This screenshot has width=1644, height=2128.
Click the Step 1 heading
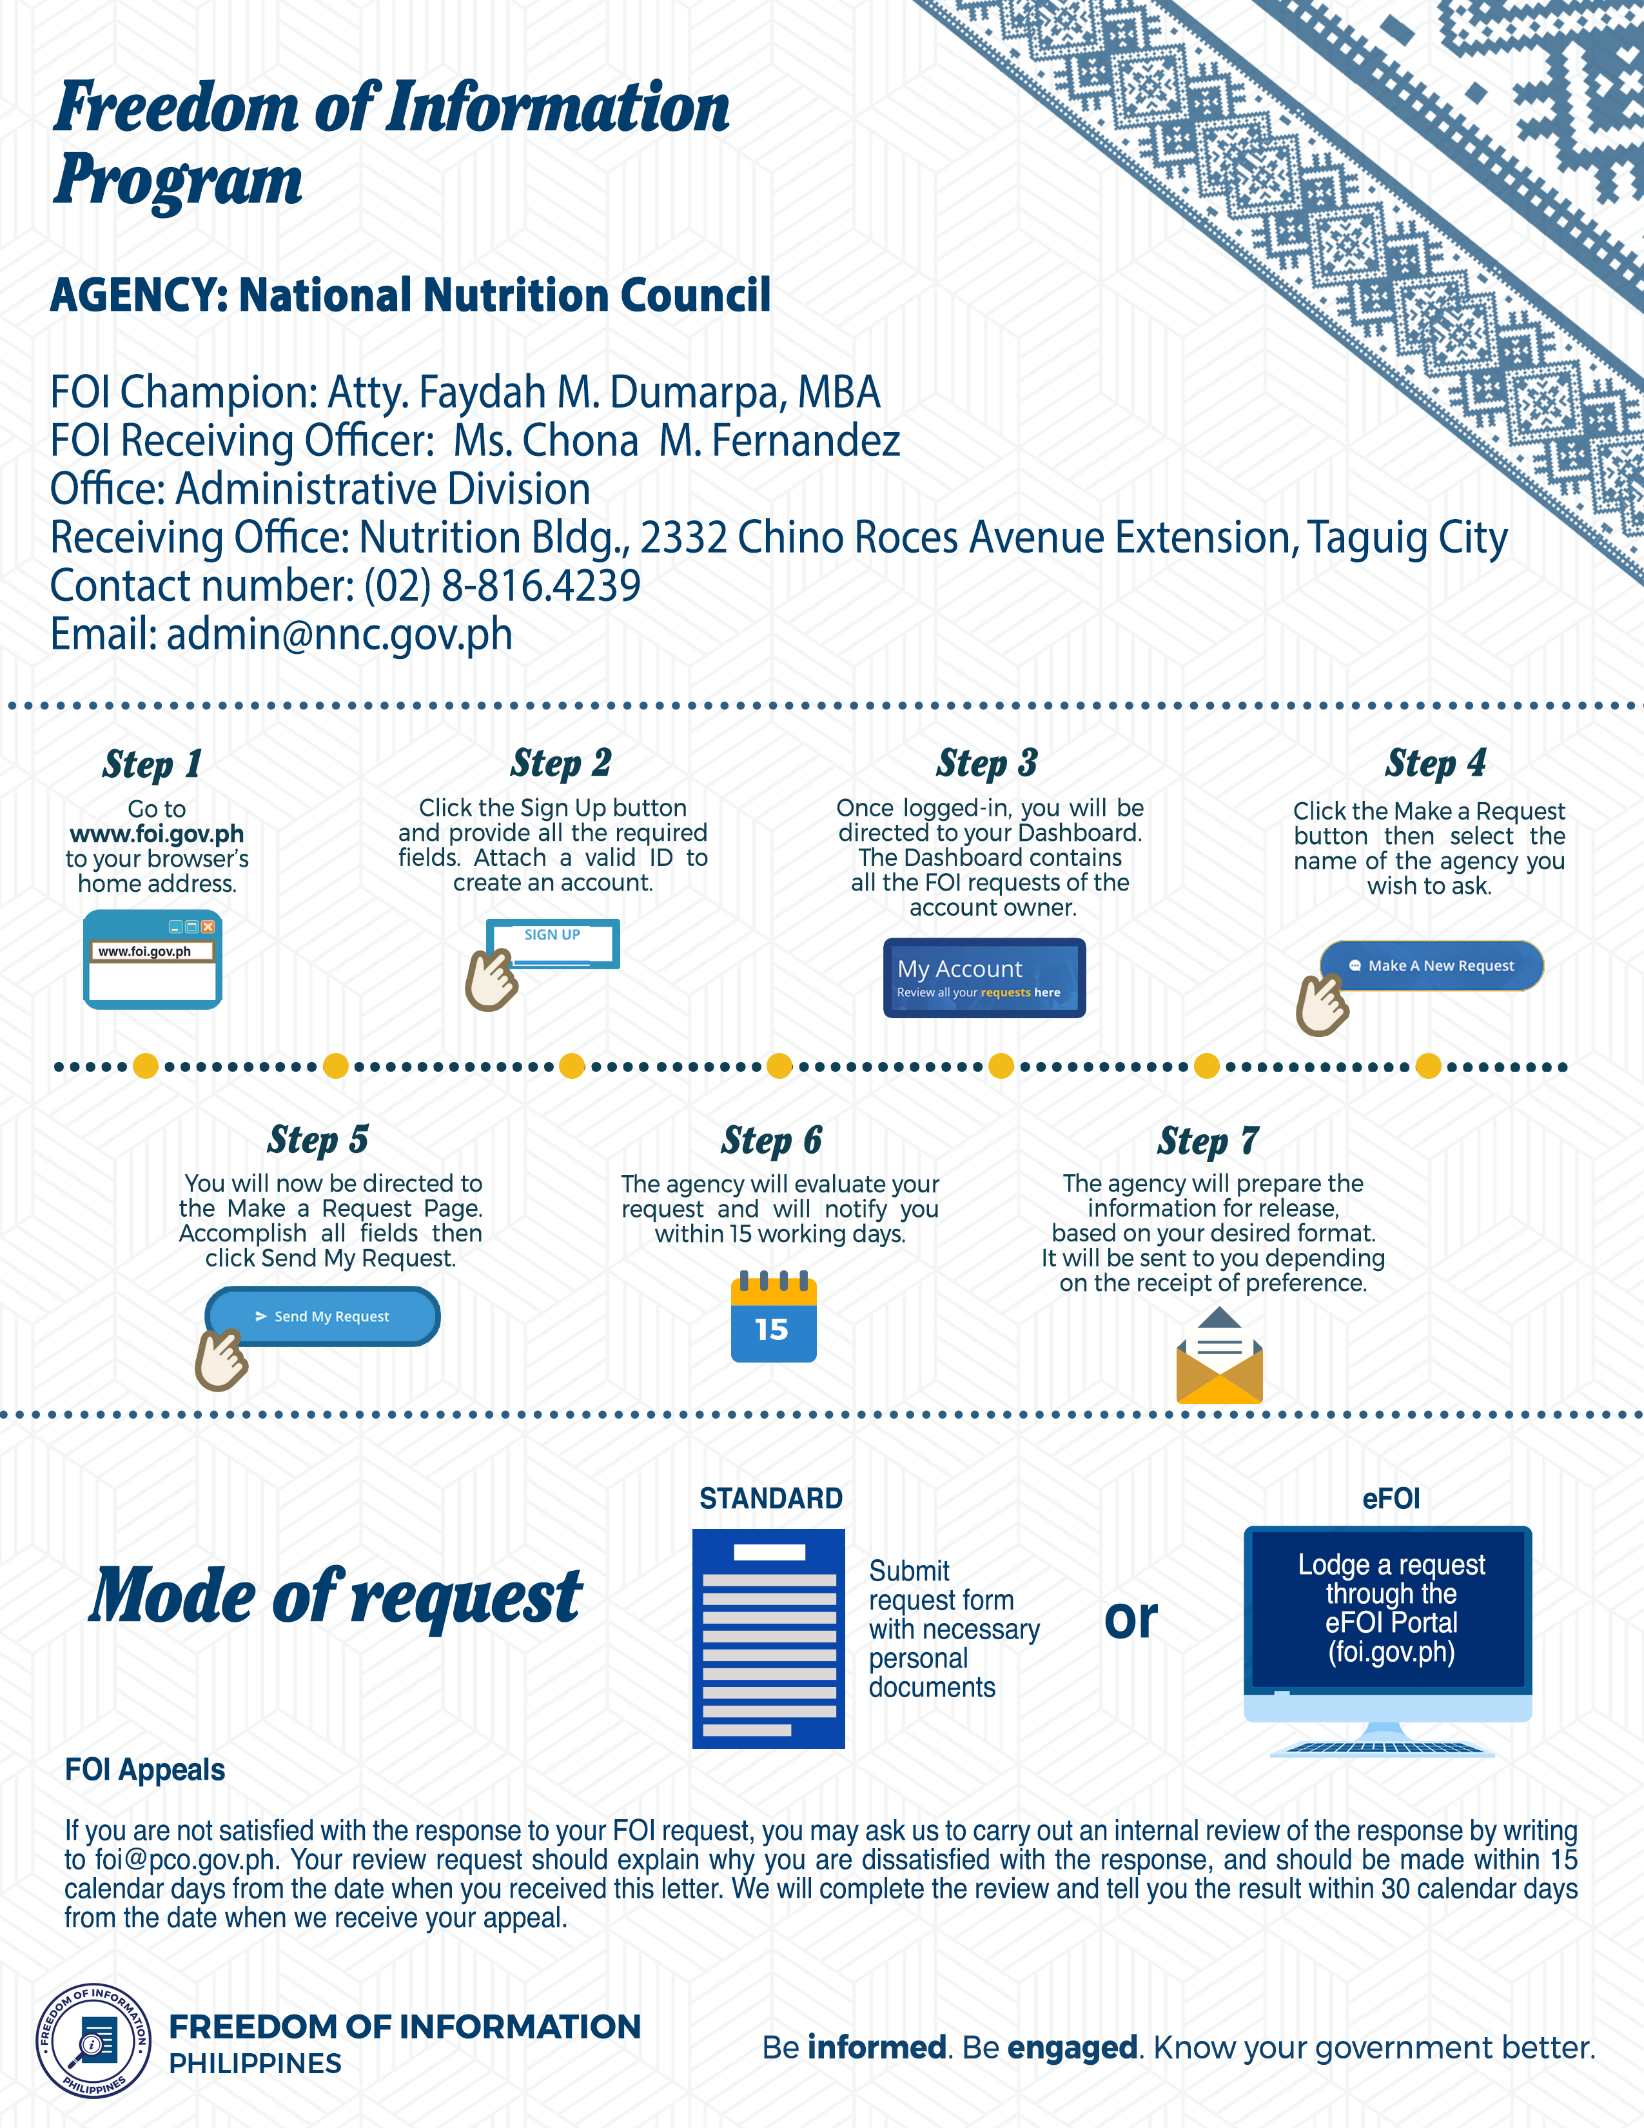pos(152,764)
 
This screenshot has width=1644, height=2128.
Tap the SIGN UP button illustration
pos(553,942)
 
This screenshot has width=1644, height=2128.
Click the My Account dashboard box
pos(984,978)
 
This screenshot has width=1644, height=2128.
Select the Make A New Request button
pos(1432,965)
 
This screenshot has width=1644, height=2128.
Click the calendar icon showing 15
pos(773,1318)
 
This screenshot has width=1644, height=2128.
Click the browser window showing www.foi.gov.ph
pos(153,960)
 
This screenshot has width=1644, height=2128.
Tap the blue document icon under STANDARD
pos(768,1638)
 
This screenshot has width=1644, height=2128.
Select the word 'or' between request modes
pos(1131,1619)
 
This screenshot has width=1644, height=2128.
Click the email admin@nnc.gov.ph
pos(339,635)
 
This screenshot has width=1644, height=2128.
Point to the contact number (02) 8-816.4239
pos(502,586)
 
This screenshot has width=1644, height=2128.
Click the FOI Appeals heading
pos(145,1769)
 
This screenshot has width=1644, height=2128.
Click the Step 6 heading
pos(771,1140)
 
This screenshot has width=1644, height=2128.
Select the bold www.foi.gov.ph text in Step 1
pos(157,834)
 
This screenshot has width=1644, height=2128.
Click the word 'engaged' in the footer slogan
pos(1072,2047)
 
